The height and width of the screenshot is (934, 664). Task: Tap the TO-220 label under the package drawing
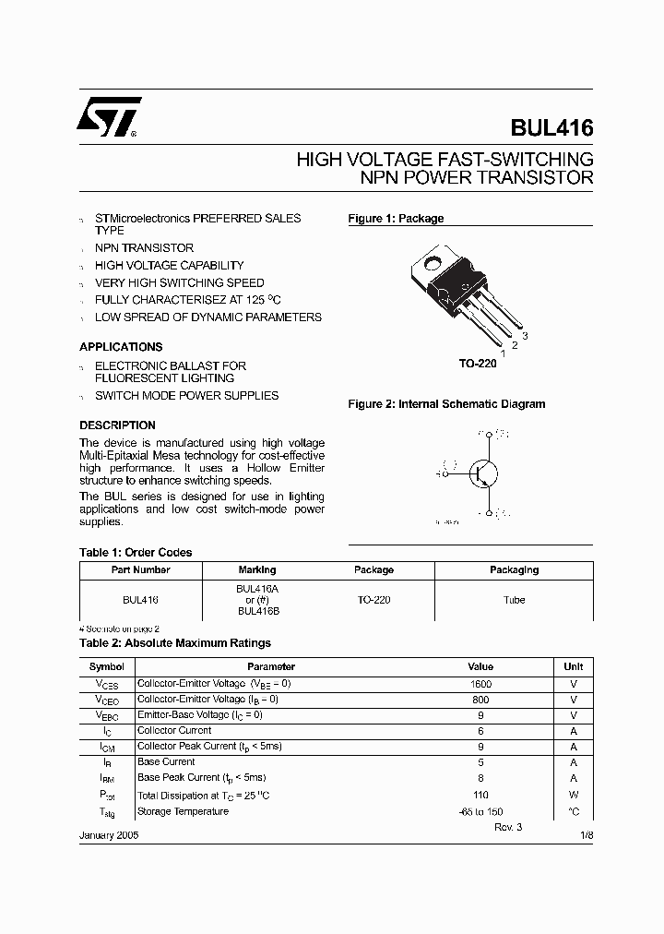pos(478,364)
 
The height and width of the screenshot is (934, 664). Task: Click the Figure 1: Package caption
pos(396,219)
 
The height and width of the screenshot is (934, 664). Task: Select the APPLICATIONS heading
pos(121,347)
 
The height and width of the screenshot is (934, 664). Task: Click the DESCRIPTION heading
pos(117,425)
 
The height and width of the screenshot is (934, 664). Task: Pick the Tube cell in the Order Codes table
pos(515,600)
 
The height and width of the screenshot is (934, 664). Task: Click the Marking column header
pos(257,570)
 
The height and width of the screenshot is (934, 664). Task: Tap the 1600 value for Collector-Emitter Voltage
pos(480,684)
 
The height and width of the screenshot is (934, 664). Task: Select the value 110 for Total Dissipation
pos(480,795)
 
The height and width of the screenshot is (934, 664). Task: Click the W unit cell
pos(574,795)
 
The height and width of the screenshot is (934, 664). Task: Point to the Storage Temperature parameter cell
pos(183,811)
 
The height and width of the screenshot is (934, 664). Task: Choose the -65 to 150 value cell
pos(480,811)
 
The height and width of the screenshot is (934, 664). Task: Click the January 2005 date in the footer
pos(110,835)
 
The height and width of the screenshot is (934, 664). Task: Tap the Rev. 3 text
pos(507,827)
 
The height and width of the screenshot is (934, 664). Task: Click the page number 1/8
pos(587,835)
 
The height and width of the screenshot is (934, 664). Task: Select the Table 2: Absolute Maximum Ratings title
pos(175,643)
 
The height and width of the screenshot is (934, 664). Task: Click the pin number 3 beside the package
pos(525,335)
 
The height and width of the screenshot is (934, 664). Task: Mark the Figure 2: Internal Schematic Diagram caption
pos(445,404)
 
